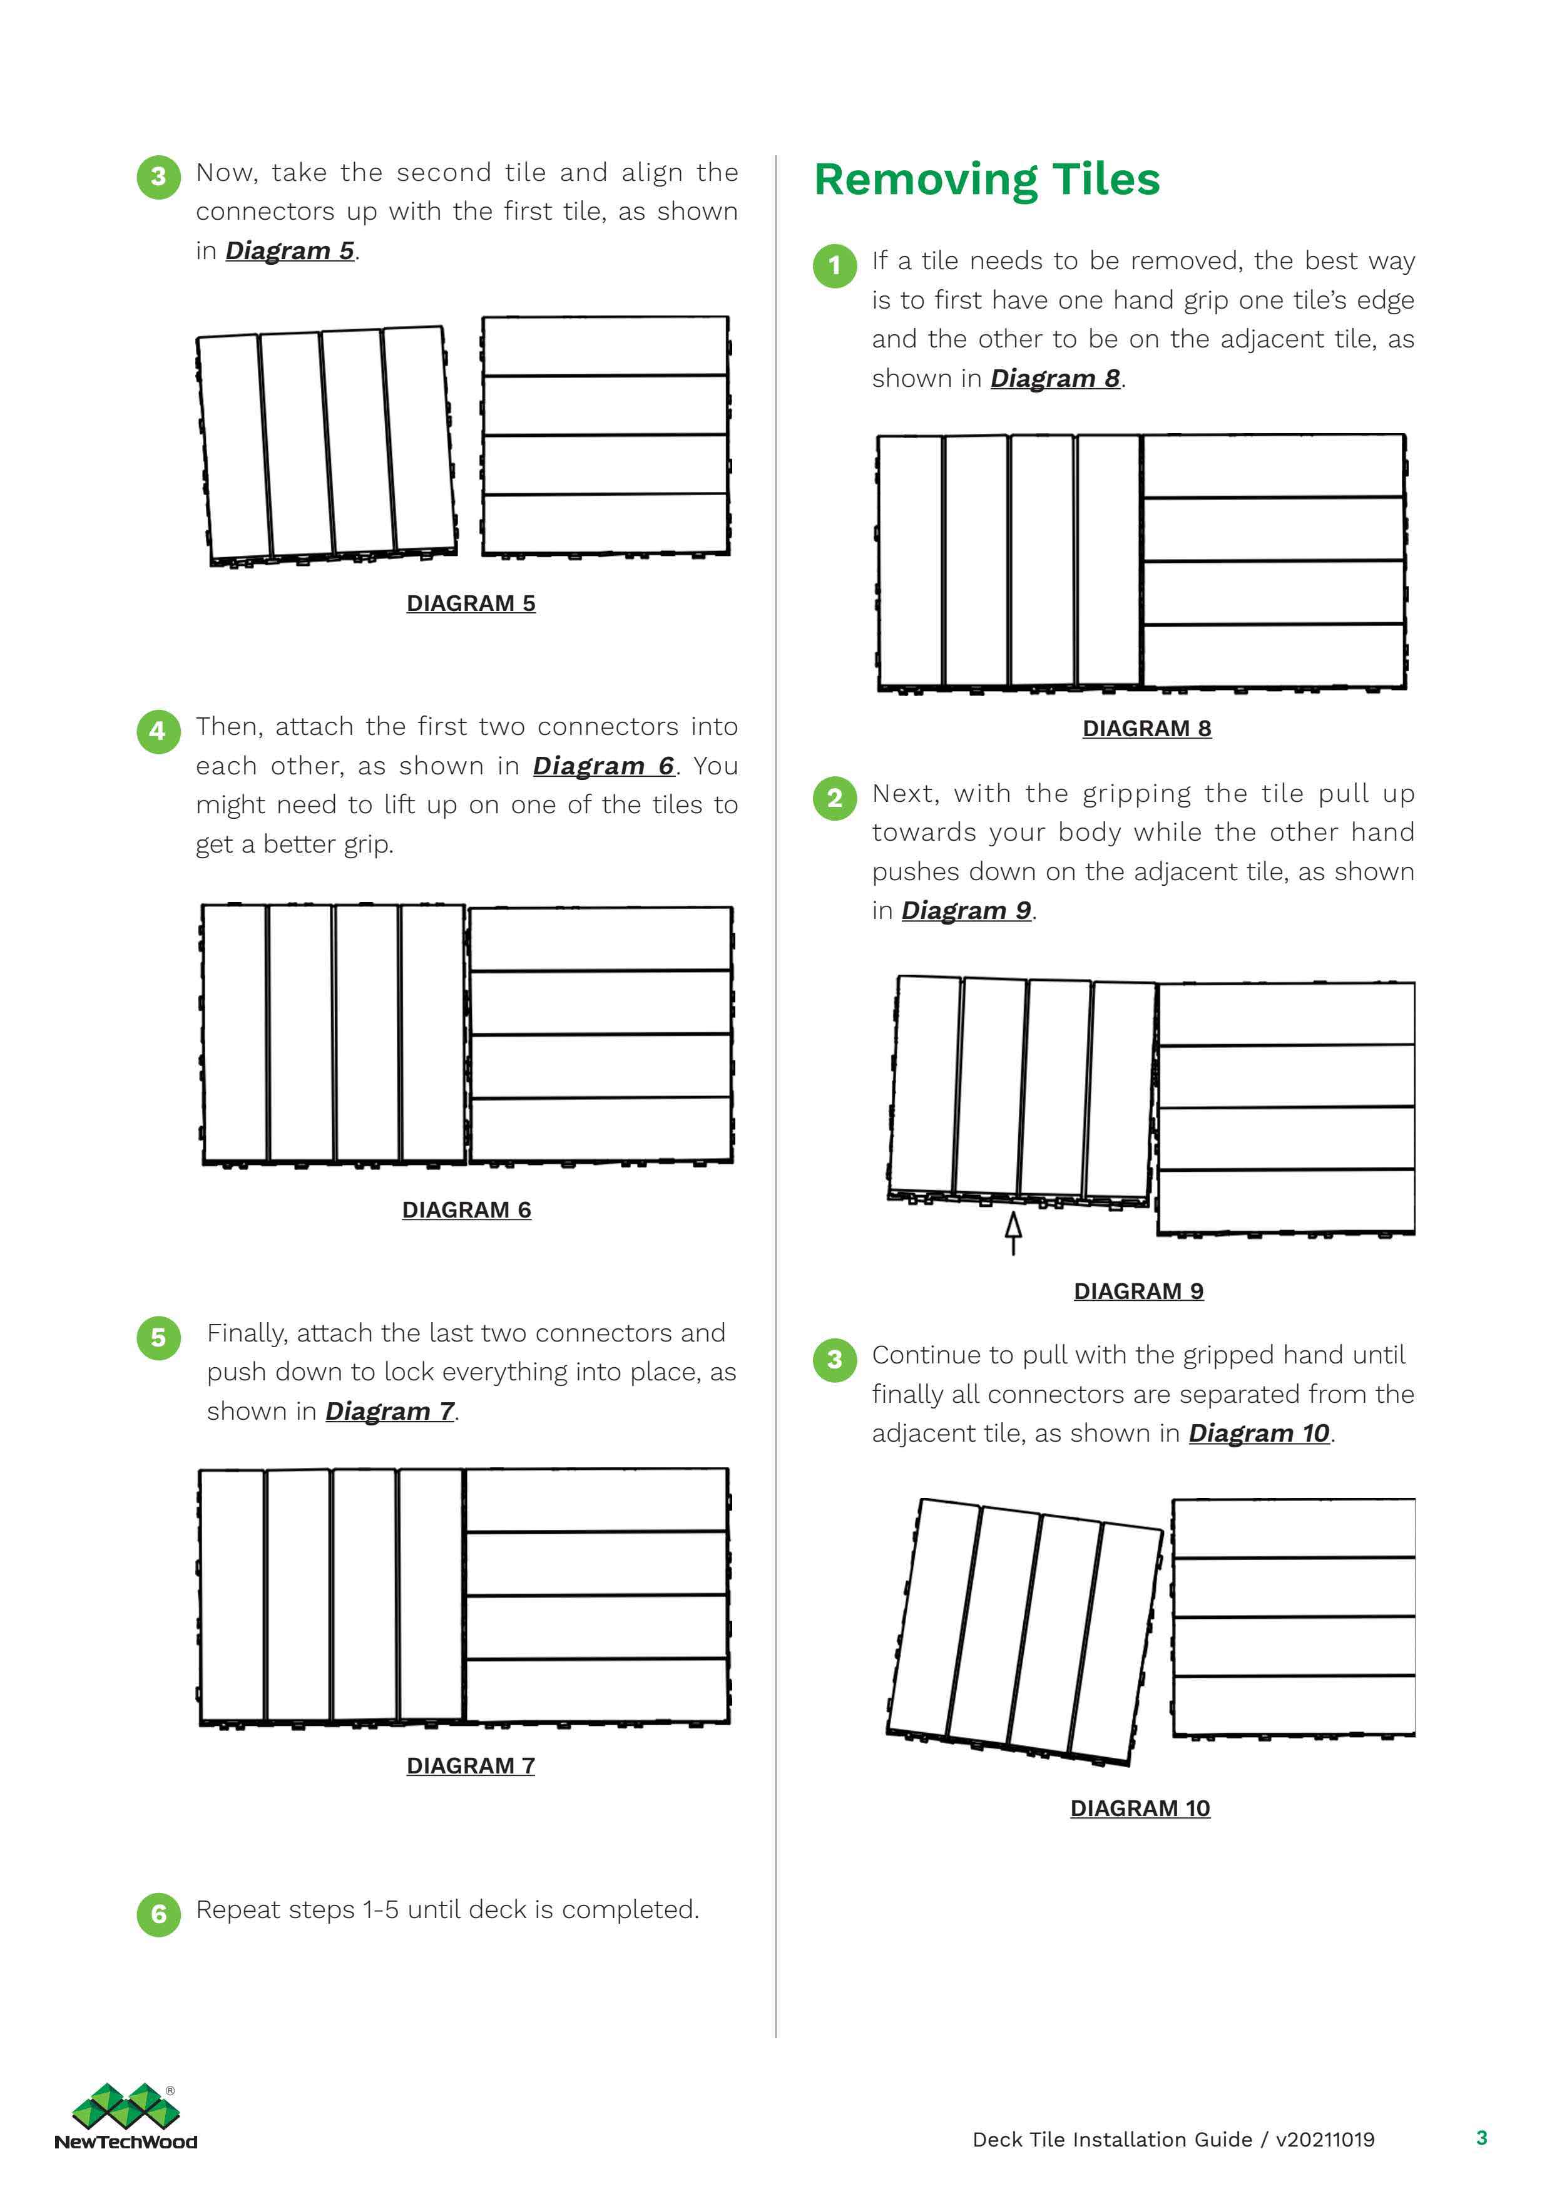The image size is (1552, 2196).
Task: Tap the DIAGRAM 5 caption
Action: (471, 603)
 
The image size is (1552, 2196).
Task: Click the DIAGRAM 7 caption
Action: (471, 1765)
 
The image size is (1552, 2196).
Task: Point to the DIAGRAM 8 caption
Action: (1146, 729)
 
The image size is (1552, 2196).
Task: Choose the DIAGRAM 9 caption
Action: (1138, 1291)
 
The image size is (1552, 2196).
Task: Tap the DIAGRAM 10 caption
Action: (1140, 1809)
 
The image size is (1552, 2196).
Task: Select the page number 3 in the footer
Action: (1481, 2138)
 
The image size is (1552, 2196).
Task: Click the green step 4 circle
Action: (159, 732)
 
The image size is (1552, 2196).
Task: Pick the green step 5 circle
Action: (159, 1337)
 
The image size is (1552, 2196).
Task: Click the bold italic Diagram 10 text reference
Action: (1258, 1434)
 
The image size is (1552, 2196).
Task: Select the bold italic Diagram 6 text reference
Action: (603, 766)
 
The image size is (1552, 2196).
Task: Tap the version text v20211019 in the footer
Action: (1324, 2140)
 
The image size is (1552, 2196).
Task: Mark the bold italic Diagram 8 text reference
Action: (1054, 379)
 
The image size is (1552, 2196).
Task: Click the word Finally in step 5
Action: (247, 1333)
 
